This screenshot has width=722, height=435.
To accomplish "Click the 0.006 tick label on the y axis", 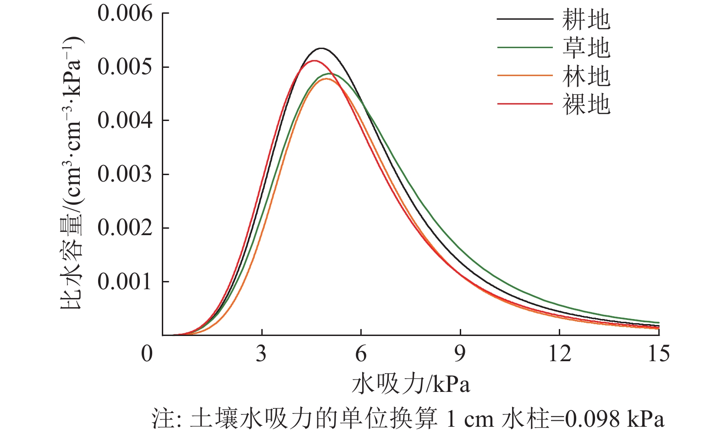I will (125, 14).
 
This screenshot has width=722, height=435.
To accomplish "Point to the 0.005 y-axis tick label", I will (125, 67).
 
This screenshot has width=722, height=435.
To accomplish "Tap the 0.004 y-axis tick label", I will (125, 121).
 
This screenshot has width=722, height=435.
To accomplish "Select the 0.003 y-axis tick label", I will (125, 174).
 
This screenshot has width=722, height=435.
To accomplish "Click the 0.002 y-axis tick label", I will (125, 228).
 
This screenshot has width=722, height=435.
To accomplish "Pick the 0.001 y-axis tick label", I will (125, 281).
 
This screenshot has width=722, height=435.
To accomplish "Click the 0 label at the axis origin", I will (147, 354).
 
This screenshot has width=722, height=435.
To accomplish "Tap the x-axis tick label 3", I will (261, 354).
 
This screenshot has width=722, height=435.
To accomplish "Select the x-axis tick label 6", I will (361, 354).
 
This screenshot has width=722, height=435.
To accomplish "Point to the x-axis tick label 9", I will (460, 354).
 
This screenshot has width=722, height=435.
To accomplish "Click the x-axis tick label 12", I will (560, 354).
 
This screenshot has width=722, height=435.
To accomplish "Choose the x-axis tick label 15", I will (659, 354).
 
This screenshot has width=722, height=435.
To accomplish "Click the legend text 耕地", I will (586, 20).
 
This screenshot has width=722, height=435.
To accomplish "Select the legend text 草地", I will (586, 48).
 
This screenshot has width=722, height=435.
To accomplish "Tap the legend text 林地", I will (586, 76).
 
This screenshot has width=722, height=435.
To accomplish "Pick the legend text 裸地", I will (586, 105).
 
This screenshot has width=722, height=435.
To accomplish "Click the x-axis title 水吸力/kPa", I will (411, 384).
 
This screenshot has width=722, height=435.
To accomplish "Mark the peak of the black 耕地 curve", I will (321, 48).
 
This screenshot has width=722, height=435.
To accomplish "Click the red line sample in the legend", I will (525, 104).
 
